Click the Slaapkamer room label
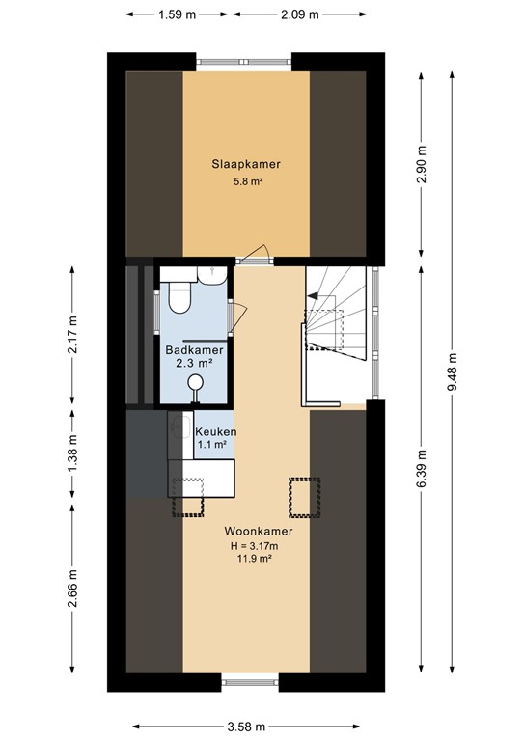tap(246, 164)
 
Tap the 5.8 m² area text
tap(246, 181)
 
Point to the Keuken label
tap(215, 431)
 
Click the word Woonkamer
tap(259, 531)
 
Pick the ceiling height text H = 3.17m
tap(259, 545)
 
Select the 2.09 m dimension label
tap(298, 14)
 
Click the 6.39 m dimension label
tap(422, 469)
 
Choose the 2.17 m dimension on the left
tap(72, 334)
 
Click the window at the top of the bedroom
tap(245, 62)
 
